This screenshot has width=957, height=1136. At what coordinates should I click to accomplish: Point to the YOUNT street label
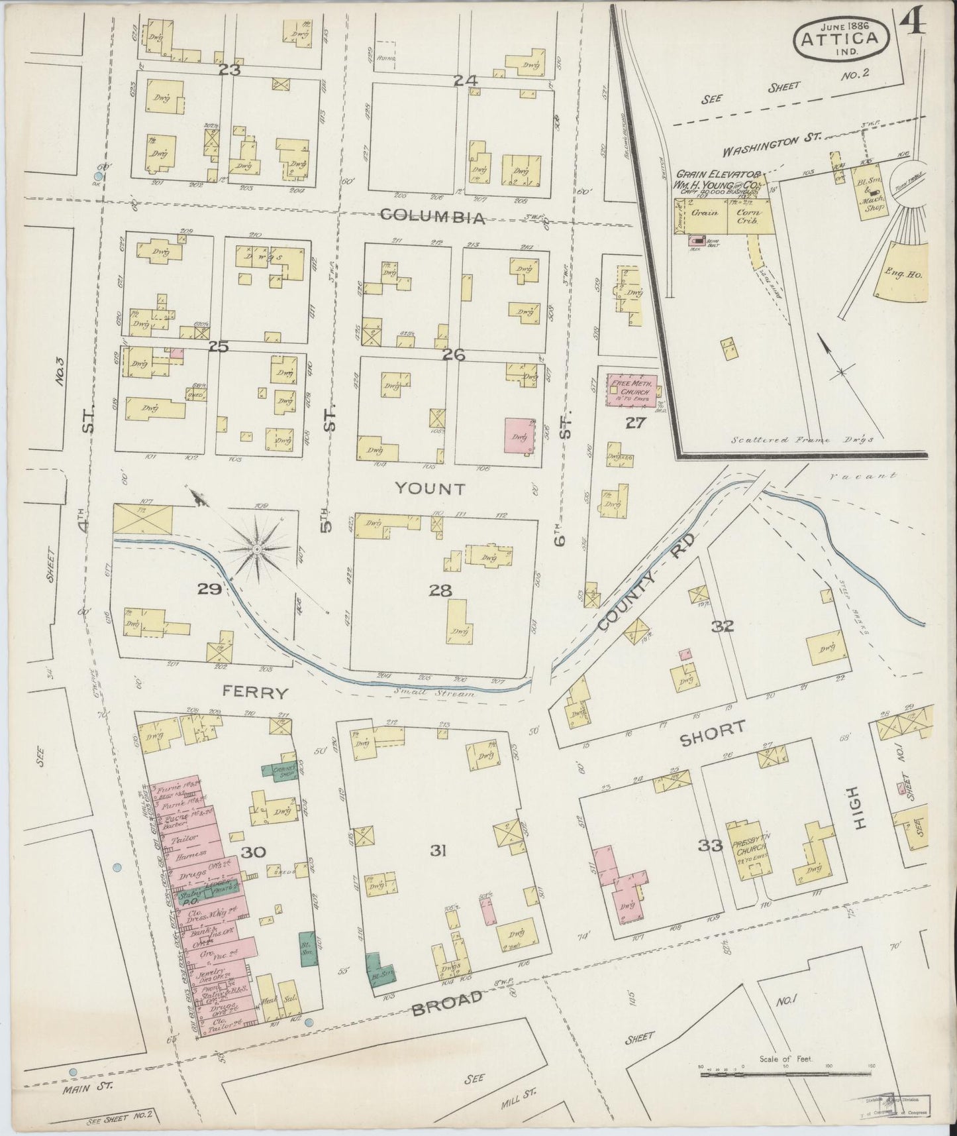(x=430, y=489)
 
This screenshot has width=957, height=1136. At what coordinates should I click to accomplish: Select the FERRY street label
(x=256, y=693)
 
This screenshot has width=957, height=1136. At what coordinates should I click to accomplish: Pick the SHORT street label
(x=713, y=729)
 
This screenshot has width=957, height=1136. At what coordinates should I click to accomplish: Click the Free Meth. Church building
(x=632, y=390)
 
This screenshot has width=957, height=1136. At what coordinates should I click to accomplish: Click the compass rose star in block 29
(x=258, y=549)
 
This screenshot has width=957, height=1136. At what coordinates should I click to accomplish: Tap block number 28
(x=440, y=591)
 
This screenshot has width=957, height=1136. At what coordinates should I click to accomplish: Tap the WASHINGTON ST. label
(x=772, y=141)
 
